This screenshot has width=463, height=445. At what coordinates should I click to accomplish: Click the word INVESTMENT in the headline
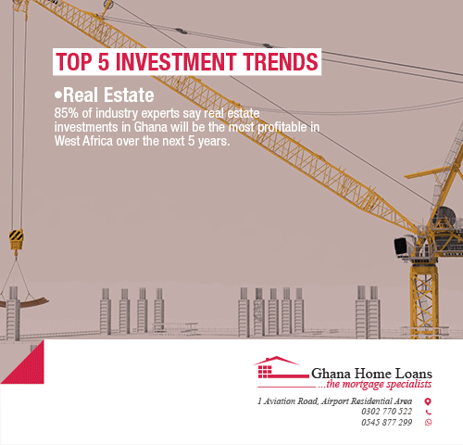click(x=177, y=61)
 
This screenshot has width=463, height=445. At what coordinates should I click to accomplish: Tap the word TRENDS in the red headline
click(x=280, y=61)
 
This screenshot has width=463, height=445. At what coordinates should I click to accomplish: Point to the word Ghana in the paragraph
click(x=151, y=127)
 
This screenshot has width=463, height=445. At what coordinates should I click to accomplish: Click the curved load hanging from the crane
click(x=24, y=302)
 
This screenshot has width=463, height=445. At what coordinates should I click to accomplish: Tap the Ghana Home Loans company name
click(x=371, y=374)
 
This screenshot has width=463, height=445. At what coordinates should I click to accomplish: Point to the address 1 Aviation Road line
click(x=335, y=401)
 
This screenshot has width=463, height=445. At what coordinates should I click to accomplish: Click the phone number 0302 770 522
click(x=387, y=412)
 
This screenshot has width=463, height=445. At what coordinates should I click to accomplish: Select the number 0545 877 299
click(x=387, y=422)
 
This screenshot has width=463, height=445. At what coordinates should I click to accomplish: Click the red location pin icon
click(x=428, y=401)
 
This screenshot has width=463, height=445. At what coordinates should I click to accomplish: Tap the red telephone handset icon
click(x=429, y=412)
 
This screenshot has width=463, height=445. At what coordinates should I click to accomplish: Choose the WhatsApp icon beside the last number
click(x=429, y=422)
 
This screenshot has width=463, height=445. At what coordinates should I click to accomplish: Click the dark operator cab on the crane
click(x=401, y=247)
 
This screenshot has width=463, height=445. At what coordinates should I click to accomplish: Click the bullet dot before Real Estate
click(x=58, y=95)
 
